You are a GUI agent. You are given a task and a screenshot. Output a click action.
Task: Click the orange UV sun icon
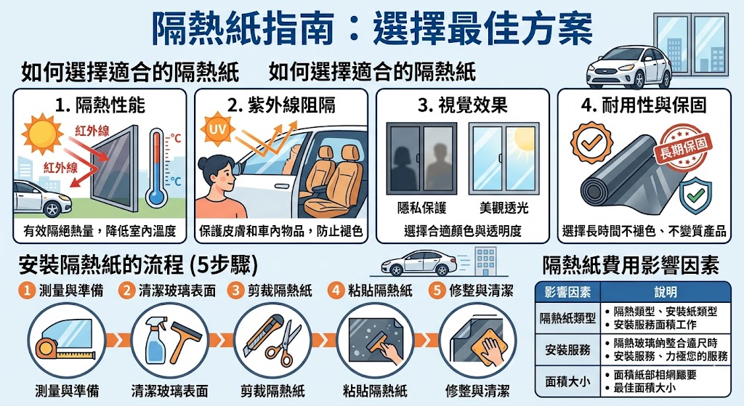[217, 129]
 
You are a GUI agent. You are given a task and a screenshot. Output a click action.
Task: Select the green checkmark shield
[695, 195]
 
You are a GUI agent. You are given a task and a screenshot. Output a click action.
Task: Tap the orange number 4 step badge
[336, 291]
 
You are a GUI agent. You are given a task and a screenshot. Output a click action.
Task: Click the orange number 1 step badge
[27, 291]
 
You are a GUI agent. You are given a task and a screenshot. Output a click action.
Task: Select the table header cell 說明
[666, 292]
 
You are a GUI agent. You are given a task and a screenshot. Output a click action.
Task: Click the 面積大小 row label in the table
[567, 381]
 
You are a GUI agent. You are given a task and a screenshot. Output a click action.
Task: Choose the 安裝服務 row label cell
[567, 349]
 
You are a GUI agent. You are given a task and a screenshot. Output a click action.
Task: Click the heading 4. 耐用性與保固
[644, 105]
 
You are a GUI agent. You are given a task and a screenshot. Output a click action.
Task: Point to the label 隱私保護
[422, 208]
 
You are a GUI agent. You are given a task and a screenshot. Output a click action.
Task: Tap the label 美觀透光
[504, 208]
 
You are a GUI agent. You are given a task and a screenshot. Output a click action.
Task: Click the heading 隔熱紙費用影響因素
[631, 266]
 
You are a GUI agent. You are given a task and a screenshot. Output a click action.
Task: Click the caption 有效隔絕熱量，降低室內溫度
[100, 231]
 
